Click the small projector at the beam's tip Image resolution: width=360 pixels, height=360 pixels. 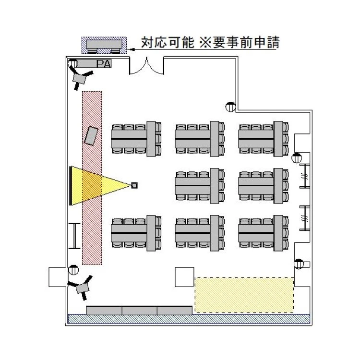tap(135, 185)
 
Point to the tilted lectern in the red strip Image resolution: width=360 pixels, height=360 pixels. tap(92, 135)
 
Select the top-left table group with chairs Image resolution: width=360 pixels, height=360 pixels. tap(136, 138)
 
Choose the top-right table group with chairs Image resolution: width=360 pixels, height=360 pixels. tap(264, 138)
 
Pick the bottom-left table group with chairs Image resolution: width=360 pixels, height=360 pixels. tap(136, 232)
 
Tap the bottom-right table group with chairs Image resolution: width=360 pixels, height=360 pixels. tap(264, 232)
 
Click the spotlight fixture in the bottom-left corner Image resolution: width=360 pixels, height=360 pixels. tap(82, 287)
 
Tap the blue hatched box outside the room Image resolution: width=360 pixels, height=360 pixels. tap(104, 46)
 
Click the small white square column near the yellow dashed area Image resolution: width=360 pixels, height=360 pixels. tap(184, 277)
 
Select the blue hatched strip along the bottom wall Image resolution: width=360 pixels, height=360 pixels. tap(188, 319)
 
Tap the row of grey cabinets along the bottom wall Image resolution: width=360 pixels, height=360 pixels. tap(139, 310)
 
